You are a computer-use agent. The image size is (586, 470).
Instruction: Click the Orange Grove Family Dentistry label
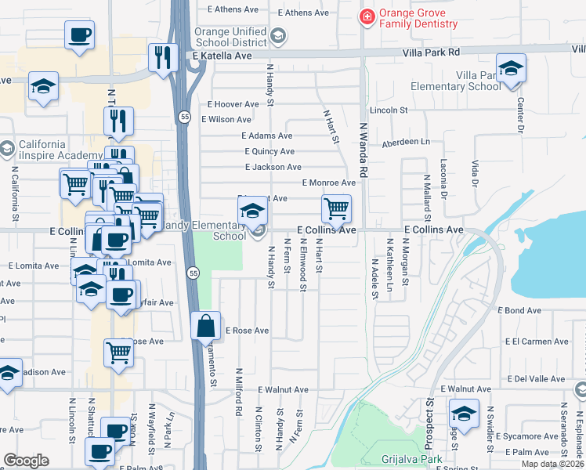(418, 18)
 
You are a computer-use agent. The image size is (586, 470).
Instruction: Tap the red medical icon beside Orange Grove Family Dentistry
(366, 17)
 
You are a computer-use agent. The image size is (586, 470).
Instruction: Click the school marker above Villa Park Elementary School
(511, 69)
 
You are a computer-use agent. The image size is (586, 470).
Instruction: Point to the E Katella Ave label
(222, 56)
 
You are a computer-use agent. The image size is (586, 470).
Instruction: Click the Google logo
(27, 461)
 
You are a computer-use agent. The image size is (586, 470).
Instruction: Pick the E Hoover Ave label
(233, 104)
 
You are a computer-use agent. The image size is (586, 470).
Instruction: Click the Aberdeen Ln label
(406, 143)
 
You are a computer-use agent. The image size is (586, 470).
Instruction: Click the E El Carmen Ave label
(535, 342)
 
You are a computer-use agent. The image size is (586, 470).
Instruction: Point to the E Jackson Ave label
(273, 167)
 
